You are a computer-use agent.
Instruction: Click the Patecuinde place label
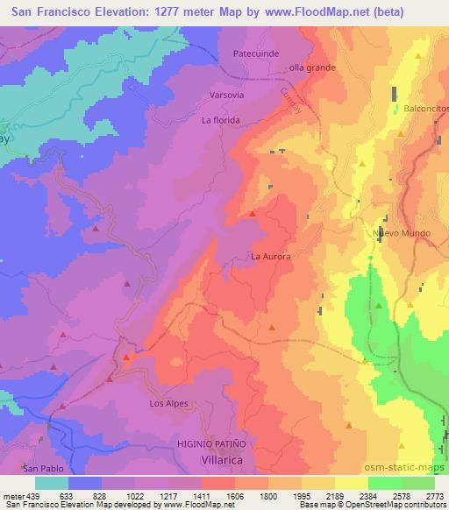[256, 53]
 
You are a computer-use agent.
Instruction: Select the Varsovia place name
[226, 93]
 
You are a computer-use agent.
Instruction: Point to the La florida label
[220, 120]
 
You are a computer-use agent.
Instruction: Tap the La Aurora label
[270, 258]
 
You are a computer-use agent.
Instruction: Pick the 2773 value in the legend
[434, 496]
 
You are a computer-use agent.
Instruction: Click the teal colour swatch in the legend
[52, 483]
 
